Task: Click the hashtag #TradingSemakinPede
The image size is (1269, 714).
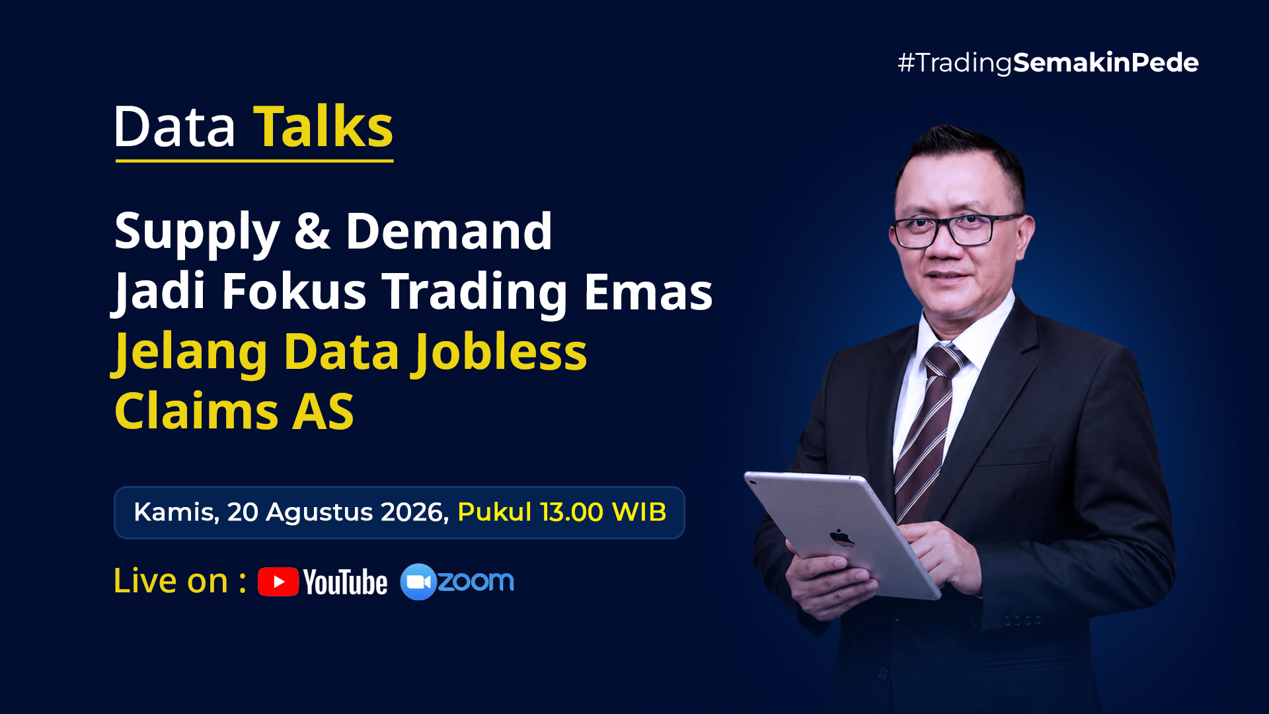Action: [1048, 63]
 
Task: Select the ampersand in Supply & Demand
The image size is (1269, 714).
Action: [312, 231]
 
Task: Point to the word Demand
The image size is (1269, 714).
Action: [449, 231]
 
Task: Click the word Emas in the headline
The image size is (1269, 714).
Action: [648, 292]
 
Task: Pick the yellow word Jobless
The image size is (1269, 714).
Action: [501, 352]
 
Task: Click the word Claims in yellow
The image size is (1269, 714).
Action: [197, 411]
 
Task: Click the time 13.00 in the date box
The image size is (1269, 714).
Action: [571, 512]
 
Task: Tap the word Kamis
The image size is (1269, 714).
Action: [176, 512]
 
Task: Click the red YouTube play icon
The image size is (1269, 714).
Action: [278, 582]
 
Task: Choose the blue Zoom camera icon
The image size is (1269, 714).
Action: [418, 582]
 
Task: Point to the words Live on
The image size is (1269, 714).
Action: [171, 581]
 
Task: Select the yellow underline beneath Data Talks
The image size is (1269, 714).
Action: [254, 160]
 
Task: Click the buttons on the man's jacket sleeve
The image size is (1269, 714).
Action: [1022, 620]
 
